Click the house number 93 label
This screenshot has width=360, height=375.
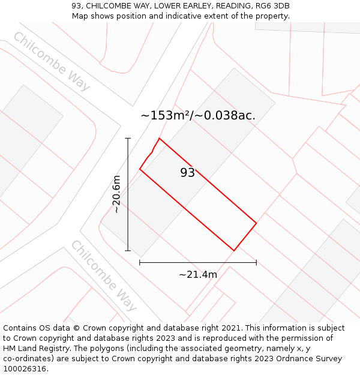188,173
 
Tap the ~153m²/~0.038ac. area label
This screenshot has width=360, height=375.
198,115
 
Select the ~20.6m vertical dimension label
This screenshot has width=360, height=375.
116,194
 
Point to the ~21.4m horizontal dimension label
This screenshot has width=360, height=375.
198,274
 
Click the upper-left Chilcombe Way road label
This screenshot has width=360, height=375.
51,61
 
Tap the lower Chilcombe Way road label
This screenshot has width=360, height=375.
104,275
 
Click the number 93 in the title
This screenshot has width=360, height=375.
77,6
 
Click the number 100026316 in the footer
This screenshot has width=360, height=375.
25,369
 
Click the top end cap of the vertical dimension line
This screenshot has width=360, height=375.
128,138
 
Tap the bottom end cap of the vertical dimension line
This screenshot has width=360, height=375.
128,250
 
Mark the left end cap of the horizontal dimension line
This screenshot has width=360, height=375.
140,262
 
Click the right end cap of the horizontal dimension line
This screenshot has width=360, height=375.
256,262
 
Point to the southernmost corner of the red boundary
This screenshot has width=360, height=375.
233,250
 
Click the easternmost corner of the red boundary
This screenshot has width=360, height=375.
256,223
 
